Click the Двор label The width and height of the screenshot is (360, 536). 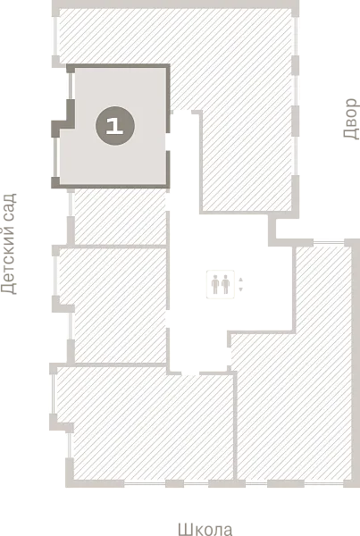point(351,119)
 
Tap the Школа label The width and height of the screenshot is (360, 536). point(205,529)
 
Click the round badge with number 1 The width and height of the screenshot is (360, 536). point(115,126)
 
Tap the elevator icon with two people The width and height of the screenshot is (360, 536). point(220,284)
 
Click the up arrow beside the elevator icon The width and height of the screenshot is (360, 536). point(240,280)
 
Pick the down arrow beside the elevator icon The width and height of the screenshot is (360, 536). point(240,289)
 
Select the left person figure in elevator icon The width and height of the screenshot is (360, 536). point(215,284)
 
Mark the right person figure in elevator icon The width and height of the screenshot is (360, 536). point(225,284)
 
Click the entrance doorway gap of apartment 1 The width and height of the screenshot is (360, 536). point(168,141)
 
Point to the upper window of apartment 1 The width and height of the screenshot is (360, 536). point(71,86)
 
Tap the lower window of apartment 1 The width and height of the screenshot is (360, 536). point(55,157)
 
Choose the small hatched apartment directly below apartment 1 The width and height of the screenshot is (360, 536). point(120,217)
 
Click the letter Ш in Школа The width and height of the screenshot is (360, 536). point(185,530)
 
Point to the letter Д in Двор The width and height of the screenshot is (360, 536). point(352,134)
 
